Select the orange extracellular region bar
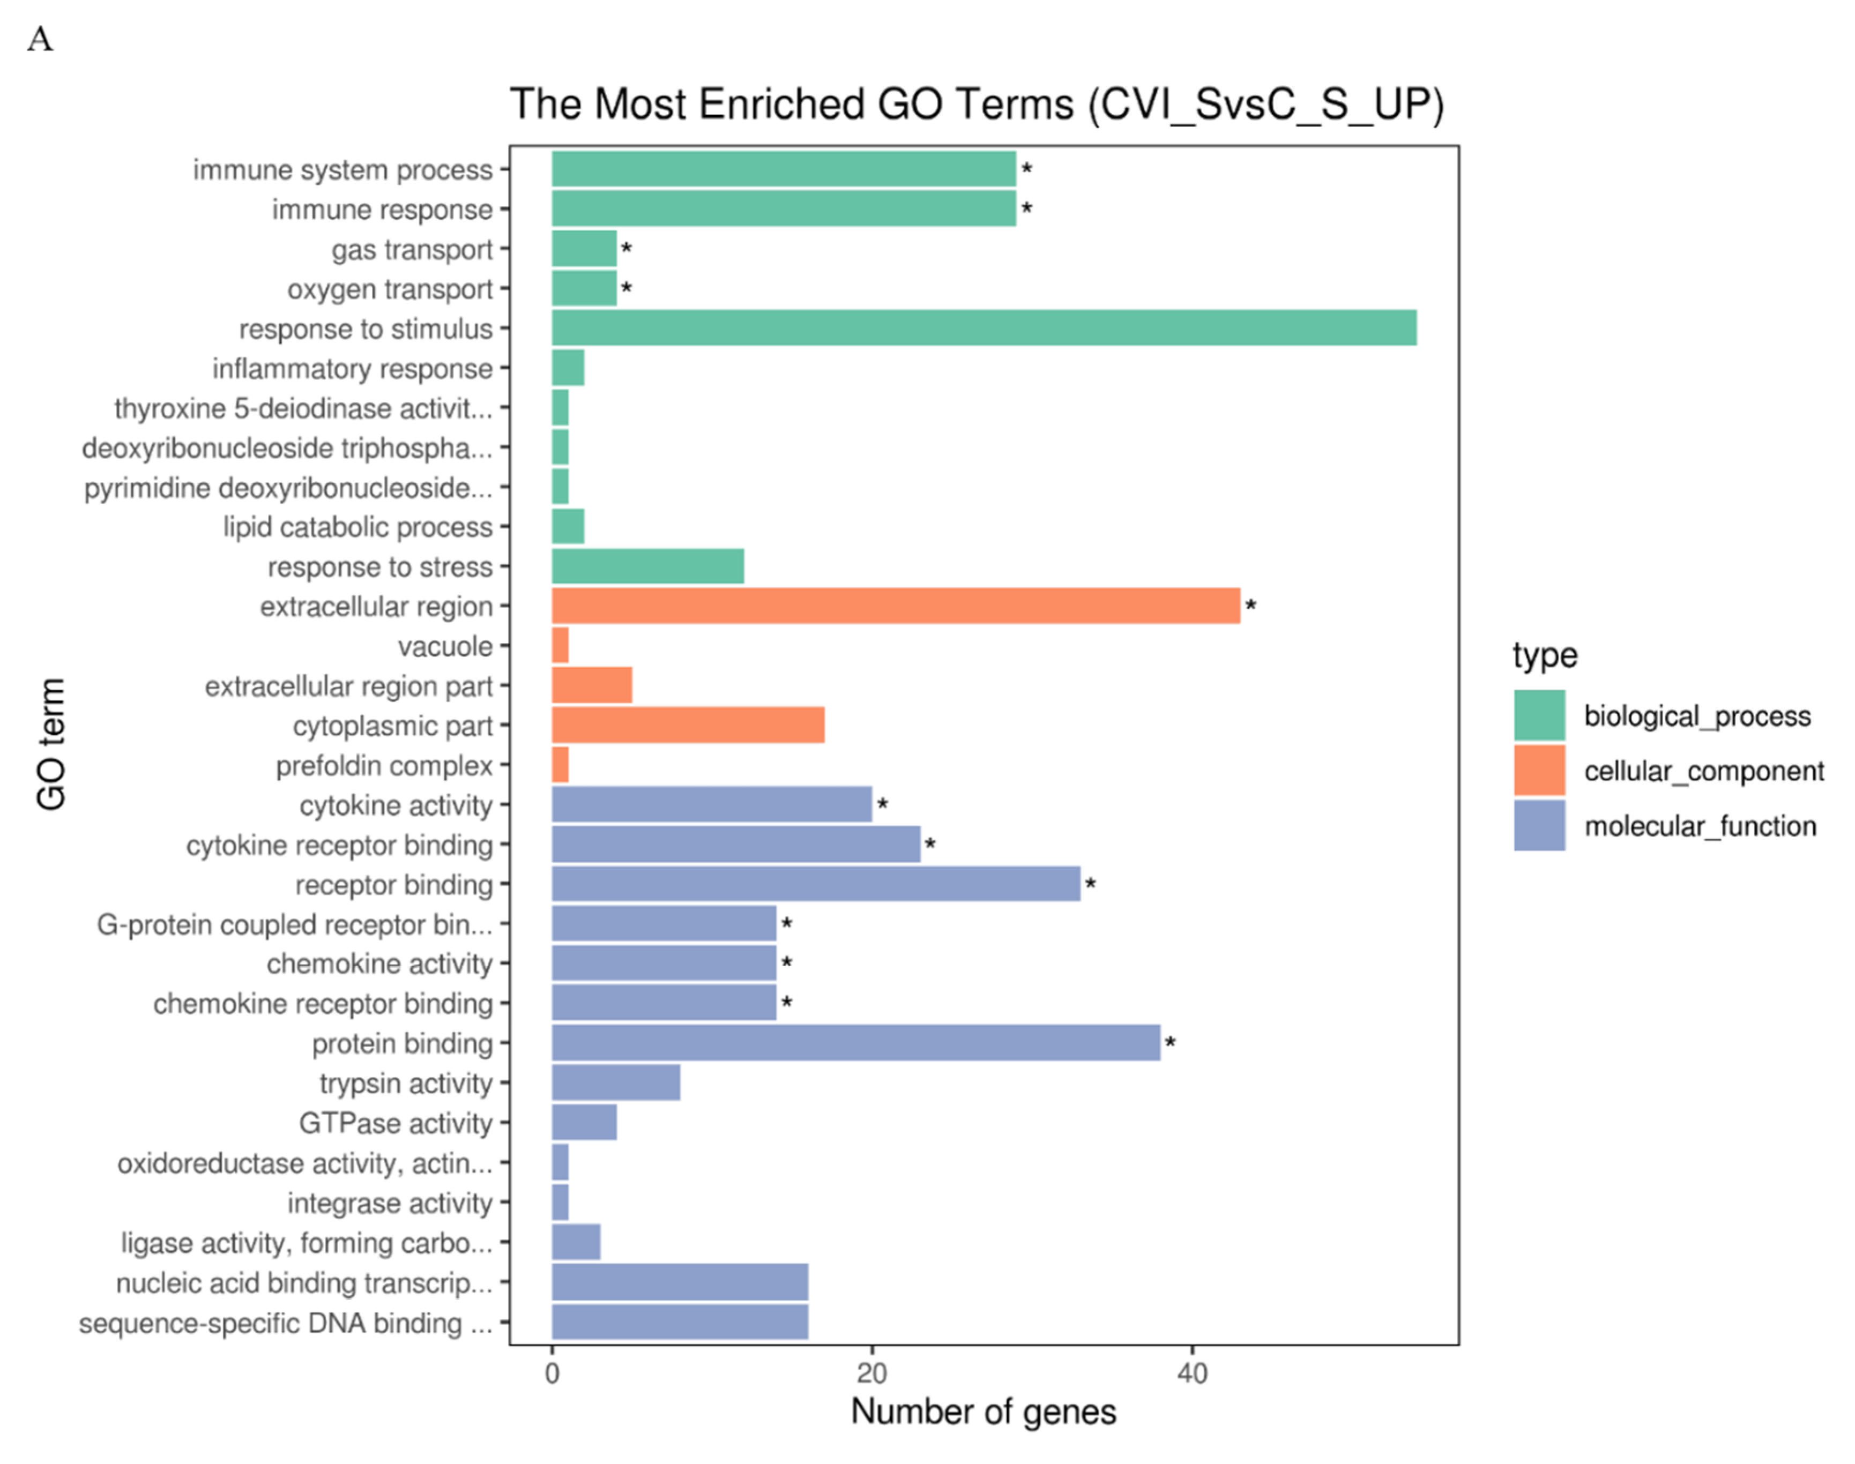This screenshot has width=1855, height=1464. (x=895, y=606)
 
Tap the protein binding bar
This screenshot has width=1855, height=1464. (x=855, y=1043)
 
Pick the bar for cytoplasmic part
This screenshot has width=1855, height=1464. (x=688, y=725)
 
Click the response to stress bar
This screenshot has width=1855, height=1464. (x=647, y=566)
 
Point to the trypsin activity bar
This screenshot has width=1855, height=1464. (x=615, y=1082)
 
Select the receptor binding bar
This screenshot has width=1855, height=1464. (x=815, y=884)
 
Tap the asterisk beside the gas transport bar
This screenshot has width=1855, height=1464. (x=627, y=249)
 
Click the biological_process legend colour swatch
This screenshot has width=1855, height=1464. (x=1539, y=715)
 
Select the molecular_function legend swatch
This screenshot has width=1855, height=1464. (x=1539, y=825)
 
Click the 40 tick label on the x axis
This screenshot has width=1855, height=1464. (x=1191, y=1374)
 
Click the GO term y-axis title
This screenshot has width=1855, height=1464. (x=51, y=744)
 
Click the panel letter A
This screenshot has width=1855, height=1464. (x=40, y=40)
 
